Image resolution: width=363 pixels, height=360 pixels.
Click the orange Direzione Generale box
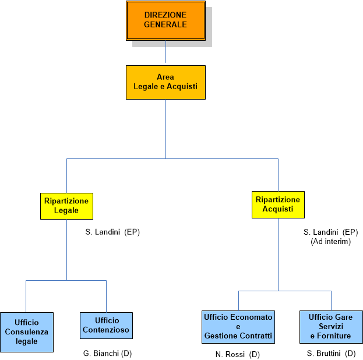tap(165, 20)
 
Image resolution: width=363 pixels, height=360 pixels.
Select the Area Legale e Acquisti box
tap(165, 82)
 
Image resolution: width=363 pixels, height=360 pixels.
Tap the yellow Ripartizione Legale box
tap(66, 206)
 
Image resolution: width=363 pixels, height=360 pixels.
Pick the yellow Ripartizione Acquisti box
tap(278, 204)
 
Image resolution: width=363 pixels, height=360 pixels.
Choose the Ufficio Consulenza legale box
tap(27, 332)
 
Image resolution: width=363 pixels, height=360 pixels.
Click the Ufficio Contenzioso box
tap(106, 326)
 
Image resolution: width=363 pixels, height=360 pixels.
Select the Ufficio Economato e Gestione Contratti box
tap(238, 327)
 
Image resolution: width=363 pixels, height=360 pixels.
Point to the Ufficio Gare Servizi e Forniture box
tap(331, 327)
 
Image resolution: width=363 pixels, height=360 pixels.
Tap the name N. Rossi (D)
tap(237, 354)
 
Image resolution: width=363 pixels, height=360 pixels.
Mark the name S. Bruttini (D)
tap(331, 354)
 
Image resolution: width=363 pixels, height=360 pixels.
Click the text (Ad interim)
tap(330, 241)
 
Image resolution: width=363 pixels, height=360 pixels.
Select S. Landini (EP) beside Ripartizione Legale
tap(112, 232)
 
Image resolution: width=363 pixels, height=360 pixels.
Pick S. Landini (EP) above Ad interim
tap(330, 232)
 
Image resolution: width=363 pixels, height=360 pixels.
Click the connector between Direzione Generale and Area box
tap(166, 52)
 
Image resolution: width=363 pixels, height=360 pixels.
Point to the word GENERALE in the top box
tap(165, 25)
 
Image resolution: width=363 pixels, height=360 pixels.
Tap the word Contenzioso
tap(106, 330)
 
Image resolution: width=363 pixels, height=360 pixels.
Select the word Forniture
tap(330, 336)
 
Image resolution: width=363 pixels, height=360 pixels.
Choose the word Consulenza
tap(27, 332)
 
